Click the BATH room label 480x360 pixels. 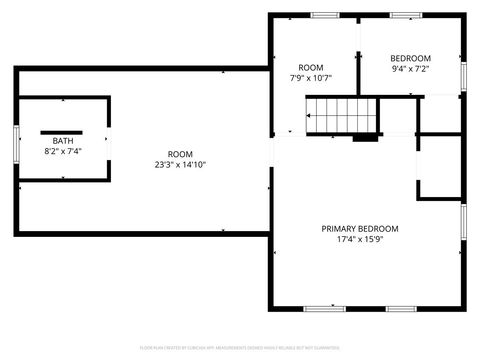(x=63, y=141)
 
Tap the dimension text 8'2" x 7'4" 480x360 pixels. (x=63, y=151)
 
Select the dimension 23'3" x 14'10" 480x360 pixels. (x=180, y=165)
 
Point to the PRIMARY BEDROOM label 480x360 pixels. (x=359, y=228)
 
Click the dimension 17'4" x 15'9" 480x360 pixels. (x=359, y=239)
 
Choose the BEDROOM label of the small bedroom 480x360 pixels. (x=410, y=58)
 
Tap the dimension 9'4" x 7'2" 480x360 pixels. (x=410, y=69)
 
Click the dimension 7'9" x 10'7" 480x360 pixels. (x=310, y=77)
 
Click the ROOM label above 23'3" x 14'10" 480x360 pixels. (x=180, y=154)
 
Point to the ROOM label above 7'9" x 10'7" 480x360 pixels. (x=310, y=67)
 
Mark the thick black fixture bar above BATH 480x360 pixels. (x=62, y=130)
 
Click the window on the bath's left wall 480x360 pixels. (x=16, y=142)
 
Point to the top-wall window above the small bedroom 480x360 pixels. (x=404, y=15)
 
